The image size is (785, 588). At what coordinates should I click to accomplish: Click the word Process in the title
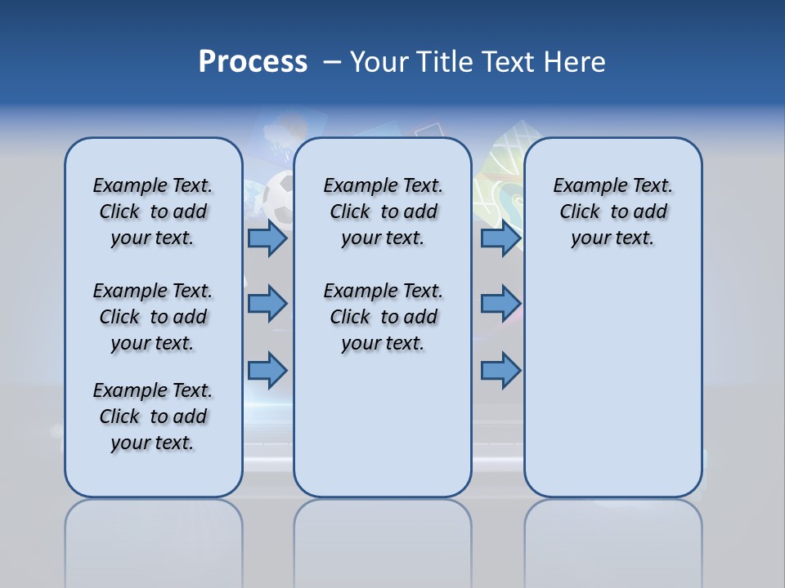253,62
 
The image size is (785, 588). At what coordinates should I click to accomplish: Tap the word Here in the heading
572,62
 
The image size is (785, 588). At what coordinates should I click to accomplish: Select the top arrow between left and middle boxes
267,238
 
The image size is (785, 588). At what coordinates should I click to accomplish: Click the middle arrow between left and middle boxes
267,304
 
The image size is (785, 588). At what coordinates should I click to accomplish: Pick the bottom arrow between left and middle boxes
267,370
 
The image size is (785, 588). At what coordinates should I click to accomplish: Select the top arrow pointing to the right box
500,238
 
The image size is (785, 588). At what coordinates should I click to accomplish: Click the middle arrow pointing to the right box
500,304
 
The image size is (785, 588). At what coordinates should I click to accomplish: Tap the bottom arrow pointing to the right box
500,370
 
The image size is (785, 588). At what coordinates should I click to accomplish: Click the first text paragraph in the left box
152,212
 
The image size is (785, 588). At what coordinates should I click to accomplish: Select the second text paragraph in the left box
152,317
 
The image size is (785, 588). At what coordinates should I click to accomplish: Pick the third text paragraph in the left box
152,416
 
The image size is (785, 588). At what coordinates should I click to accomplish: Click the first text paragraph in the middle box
383,212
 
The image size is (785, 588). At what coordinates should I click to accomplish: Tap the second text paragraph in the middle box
383,317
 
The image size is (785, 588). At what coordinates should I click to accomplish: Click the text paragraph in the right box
612,212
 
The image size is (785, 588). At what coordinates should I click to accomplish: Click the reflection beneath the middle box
383,539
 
